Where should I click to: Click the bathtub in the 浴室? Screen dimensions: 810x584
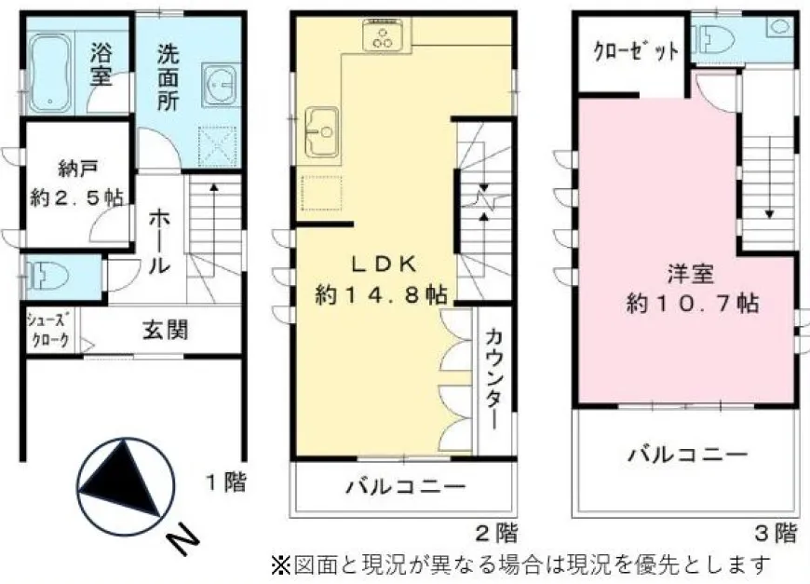tap(49, 74)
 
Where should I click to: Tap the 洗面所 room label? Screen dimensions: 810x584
tap(169, 77)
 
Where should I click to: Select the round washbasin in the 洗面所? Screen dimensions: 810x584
tap(220, 85)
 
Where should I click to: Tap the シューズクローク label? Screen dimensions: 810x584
tap(48, 331)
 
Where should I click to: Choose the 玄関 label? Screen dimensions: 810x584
tap(166, 330)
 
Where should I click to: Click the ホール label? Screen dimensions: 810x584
tap(159, 243)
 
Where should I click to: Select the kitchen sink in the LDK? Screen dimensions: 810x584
tap(322, 131)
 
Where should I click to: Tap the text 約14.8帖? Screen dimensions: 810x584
tap(381, 295)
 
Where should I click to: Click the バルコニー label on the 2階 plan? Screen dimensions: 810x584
tap(405, 487)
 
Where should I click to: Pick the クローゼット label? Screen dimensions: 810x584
tap(636, 51)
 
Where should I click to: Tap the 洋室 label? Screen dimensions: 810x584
tap(691, 274)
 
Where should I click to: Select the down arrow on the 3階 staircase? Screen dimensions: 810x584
tap(770, 177)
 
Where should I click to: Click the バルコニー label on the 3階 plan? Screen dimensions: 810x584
tap(688, 455)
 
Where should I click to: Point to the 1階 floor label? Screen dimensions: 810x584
tap(227, 482)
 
